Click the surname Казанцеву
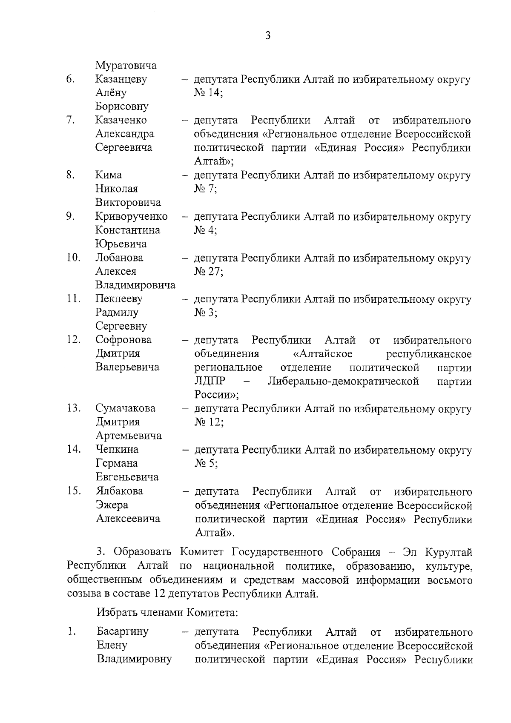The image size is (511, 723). click(121, 79)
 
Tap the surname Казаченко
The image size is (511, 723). click(121, 120)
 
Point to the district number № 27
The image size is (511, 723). click(209, 272)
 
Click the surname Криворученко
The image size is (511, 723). click(131, 216)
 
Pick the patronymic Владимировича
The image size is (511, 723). click(135, 285)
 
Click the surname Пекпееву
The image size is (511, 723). click(119, 299)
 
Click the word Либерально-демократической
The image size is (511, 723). click(343, 381)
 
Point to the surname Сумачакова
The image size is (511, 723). click(126, 408)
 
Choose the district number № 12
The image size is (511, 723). click(209, 422)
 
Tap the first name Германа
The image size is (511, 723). click(117, 463)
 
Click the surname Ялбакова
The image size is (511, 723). click(120, 491)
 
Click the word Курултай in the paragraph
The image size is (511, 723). click(449, 553)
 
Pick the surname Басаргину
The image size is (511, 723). click(123, 631)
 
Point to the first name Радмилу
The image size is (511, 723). click(117, 313)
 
